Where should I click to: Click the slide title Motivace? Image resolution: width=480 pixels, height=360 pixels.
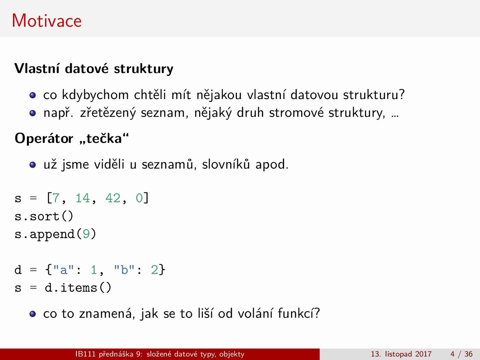(x=46, y=21)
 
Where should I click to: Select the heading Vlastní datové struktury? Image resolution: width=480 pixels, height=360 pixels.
(x=94, y=69)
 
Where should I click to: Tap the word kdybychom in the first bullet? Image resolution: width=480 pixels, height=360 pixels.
(x=95, y=95)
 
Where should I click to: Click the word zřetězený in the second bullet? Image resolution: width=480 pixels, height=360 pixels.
(x=108, y=113)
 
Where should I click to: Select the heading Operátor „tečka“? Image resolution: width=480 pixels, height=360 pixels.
(x=72, y=138)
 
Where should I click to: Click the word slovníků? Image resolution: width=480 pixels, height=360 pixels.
(x=226, y=164)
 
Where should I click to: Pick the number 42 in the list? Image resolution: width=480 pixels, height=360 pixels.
(x=113, y=198)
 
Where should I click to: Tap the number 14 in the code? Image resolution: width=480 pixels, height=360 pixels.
(x=82, y=198)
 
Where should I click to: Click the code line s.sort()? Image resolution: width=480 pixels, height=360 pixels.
(x=44, y=216)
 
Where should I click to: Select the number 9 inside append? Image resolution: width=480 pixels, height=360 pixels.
(x=86, y=234)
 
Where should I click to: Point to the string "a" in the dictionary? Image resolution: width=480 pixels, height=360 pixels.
(x=63, y=270)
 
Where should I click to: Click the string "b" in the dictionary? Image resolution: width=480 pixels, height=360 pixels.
(x=124, y=270)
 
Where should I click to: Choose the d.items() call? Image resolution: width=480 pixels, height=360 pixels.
(x=78, y=287)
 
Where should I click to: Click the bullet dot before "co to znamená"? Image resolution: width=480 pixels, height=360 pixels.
(x=33, y=314)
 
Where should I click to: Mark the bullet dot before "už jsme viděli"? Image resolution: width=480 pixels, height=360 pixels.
(x=33, y=165)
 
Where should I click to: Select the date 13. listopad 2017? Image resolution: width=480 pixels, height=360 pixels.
(x=401, y=354)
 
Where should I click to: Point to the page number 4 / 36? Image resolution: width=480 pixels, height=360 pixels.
(x=461, y=354)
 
